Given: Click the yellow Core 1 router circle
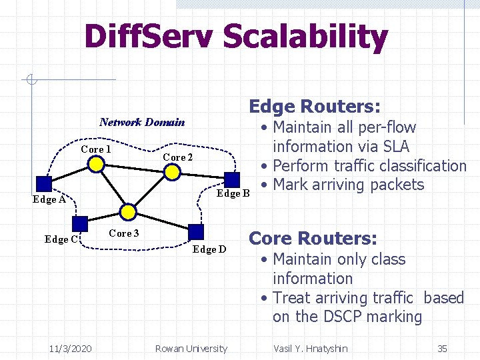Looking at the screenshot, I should tap(97, 164).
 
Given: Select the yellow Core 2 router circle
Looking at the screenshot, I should tap(173, 172).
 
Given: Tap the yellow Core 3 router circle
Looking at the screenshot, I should tap(129, 213).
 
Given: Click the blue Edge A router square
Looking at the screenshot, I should tap(44, 184).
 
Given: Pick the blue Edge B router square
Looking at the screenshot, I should tap(232, 179).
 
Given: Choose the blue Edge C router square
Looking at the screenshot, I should tap(80, 224).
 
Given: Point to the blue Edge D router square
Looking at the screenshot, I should tap(196, 231).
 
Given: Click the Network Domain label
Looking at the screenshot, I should tap(142, 122).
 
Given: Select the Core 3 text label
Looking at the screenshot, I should tap(124, 233).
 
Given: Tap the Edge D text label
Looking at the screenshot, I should tap(209, 249).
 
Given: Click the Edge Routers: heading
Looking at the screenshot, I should tap(315, 107).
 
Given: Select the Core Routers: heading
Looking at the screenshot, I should tap(313, 239).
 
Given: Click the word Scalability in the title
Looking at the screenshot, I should tap(305, 37).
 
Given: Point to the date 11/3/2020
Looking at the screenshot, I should tap(71, 348).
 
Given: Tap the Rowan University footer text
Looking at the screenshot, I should tap(191, 348).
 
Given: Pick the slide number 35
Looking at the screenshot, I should tap(442, 348).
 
